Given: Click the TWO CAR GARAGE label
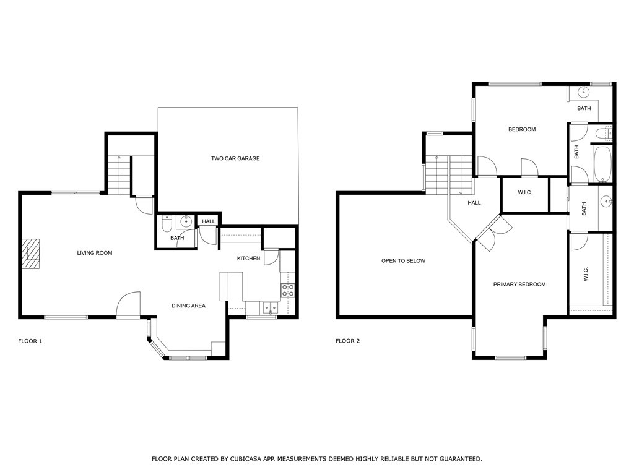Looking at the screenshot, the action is [235, 158].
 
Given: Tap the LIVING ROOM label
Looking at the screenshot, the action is [95, 253].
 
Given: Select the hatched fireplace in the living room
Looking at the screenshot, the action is [31, 253].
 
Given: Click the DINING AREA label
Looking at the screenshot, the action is [188, 306].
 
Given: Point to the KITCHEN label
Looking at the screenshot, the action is [248, 258].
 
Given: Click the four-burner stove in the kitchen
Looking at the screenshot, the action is [288, 291].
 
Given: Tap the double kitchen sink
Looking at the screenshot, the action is [271, 308].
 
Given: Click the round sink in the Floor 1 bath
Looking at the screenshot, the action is [186, 221].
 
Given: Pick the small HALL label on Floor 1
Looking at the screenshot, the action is [209, 221].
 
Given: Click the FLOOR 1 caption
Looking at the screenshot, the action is [30, 341].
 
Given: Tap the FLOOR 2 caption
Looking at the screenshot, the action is [348, 341].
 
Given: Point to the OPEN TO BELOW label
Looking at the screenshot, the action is [403, 260].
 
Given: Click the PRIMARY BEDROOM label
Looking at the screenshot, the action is [519, 284].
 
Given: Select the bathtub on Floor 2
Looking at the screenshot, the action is [602, 164].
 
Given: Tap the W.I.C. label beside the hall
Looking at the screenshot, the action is [525, 192].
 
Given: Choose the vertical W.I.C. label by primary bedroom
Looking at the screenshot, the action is [586, 274].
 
